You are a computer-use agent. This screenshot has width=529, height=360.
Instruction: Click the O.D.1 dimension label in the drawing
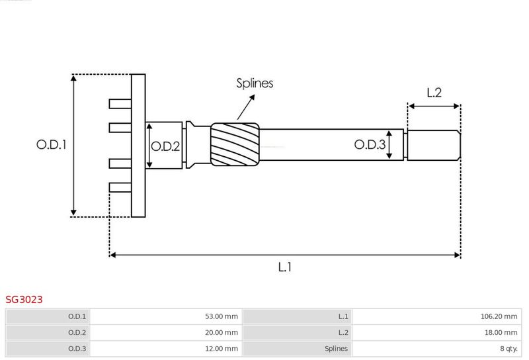(52, 144)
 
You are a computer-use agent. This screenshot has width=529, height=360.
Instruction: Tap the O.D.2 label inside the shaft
(165, 146)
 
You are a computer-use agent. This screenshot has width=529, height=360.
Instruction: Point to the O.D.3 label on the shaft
(370, 144)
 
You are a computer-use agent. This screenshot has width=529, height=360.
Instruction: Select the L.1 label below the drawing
(285, 267)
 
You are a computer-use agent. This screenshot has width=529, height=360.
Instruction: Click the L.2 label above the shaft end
(434, 93)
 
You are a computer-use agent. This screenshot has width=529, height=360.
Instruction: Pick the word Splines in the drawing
(255, 83)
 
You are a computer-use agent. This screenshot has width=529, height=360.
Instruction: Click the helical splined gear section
(234, 144)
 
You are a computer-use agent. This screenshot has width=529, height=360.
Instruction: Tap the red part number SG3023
(24, 300)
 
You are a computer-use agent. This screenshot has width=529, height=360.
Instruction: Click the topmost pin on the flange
(120, 103)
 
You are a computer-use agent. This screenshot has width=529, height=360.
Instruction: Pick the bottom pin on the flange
(120, 188)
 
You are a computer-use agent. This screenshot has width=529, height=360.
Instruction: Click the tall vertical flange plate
(138, 146)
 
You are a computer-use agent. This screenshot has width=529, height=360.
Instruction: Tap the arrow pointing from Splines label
(245, 107)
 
